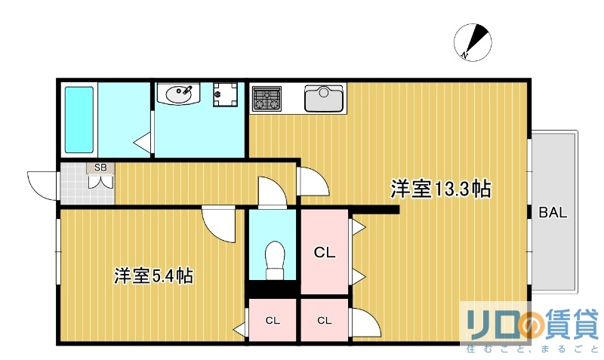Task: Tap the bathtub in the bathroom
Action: (x=79, y=119)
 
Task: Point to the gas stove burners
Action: (x=267, y=98)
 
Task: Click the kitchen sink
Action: (x=324, y=97)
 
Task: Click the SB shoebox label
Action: (x=100, y=168)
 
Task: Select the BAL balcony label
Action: (x=553, y=213)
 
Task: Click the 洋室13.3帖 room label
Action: (x=440, y=189)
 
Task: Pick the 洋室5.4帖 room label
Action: (x=153, y=275)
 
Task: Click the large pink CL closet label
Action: (x=325, y=252)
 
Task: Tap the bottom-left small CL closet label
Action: (x=273, y=320)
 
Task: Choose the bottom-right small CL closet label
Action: (x=324, y=320)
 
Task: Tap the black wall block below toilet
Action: (x=273, y=289)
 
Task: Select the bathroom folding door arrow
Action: (x=141, y=141)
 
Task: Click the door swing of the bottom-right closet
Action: (x=365, y=322)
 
